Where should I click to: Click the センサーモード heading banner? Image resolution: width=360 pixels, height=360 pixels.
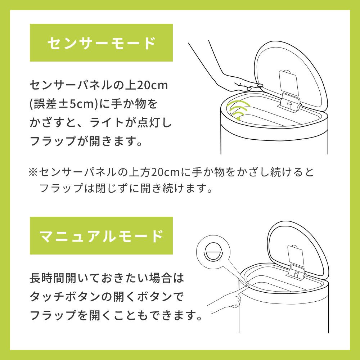(x=101, y=43)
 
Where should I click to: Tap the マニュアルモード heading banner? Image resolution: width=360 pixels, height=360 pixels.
(x=101, y=235)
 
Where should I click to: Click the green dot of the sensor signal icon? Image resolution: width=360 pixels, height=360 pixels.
(x=238, y=118)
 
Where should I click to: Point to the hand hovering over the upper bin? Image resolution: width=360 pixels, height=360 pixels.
(x=230, y=76)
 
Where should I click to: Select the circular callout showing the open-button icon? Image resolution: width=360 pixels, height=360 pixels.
(x=213, y=252)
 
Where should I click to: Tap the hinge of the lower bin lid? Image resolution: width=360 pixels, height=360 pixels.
(x=297, y=272)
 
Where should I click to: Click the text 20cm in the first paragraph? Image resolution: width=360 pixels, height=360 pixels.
(x=152, y=85)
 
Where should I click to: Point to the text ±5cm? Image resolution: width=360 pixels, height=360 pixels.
(x=76, y=104)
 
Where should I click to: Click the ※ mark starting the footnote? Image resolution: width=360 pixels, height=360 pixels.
(x=33, y=172)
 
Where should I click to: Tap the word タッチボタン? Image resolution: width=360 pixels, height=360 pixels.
(x=66, y=297)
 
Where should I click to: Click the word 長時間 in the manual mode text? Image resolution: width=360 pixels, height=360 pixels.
(x=48, y=278)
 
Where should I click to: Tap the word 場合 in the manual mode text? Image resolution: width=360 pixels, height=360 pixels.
(x=160, y=278)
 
